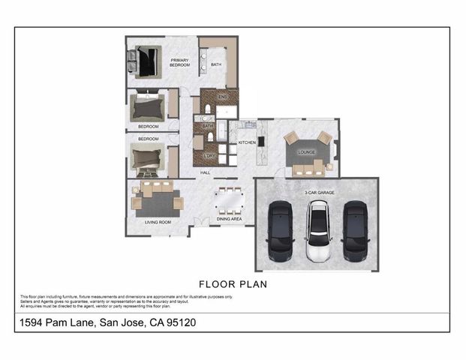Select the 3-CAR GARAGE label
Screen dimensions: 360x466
(x=319, y=193)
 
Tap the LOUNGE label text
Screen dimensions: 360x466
(x=306, y=151)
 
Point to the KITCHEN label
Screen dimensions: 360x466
(x=248, y=142)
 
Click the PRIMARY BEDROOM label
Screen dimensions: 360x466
(x=179, y=63)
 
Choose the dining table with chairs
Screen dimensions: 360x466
(x=230, y=200)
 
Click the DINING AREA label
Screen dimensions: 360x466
(x=229, y=219)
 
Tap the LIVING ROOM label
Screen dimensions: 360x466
(x=158, y=222)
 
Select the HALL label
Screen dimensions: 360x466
(x=205, y=173)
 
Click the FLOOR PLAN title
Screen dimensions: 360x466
(x=233, y=284)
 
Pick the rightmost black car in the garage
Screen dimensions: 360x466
(x=356, y=232)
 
